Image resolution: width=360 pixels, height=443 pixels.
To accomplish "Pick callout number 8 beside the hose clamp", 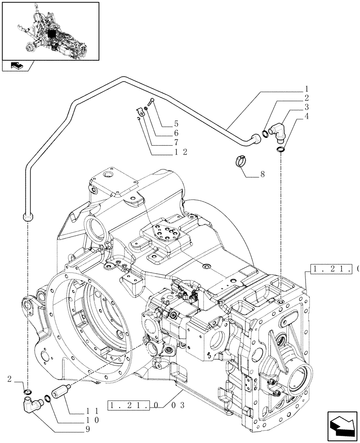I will (262, 175).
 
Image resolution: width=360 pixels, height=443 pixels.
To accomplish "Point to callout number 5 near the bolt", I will (164, 123).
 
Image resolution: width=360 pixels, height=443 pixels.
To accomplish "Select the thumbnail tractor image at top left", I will (50, 31).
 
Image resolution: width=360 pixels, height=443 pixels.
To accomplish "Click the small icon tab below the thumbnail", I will (18, 66).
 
